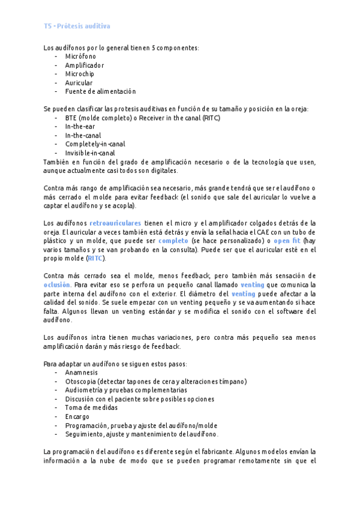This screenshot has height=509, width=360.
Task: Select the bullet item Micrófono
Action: click(x=80, y=56)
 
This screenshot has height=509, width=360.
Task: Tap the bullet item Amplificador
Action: click(x=85, y=65)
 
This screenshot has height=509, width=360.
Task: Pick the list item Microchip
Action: click(x=80, y=74)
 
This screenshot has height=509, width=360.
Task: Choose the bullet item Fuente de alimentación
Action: click(x=100, y=91)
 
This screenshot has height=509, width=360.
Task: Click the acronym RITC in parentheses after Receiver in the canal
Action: click(x=211, y=118)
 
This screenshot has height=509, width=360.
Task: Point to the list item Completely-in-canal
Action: click(x=95, y=144)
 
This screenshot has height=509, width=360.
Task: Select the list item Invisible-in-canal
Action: click(x=90, y=153)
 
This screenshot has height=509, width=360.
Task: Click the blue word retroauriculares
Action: click(x=115, y=223)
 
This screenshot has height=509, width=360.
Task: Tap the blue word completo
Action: click(x=173, y=241)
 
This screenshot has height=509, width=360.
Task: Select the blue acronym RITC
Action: click(x=95, y=258)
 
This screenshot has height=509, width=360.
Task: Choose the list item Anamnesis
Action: click(x=82, y=372)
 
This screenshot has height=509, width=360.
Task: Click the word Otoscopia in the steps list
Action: click(x=80, y=381)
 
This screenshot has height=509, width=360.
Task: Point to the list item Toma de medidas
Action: click(x=92, y=408)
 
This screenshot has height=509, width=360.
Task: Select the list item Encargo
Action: click(x=77, y=416)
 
